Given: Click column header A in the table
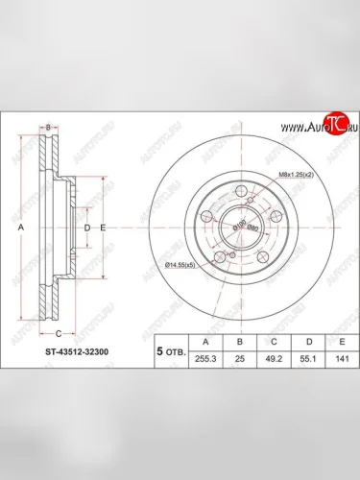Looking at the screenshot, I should (x=201, y=339).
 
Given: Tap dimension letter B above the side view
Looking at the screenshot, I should (x=48, y=127).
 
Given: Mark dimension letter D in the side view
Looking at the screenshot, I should (x=87, y=228).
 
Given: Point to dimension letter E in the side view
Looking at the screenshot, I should (x=102, y=228).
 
